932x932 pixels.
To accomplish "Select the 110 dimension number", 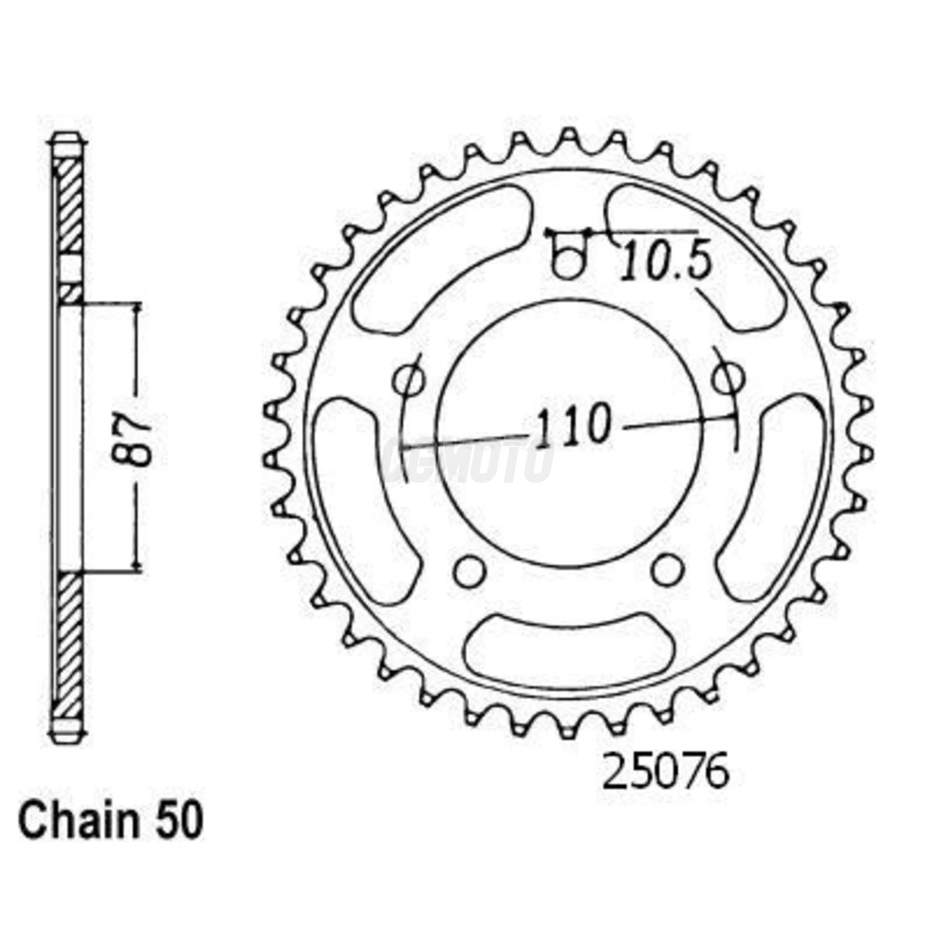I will [573, 427].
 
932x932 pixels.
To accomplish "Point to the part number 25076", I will [665, 772].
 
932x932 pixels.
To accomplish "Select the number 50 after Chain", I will [178, 821].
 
